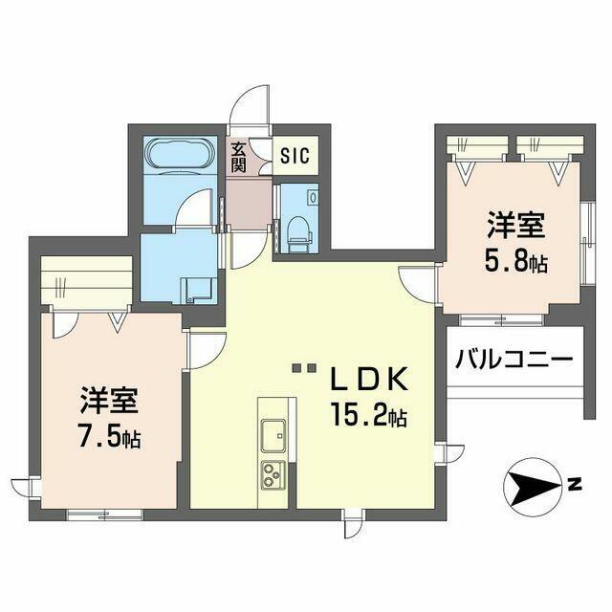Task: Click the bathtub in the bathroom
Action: click(178, 155)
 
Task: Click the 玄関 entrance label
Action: click(238, 157)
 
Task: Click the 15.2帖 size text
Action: click(371, 417)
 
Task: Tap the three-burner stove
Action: click(273, 473)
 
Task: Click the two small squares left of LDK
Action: click(304, 368)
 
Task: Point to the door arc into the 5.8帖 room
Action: click(419, 282)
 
